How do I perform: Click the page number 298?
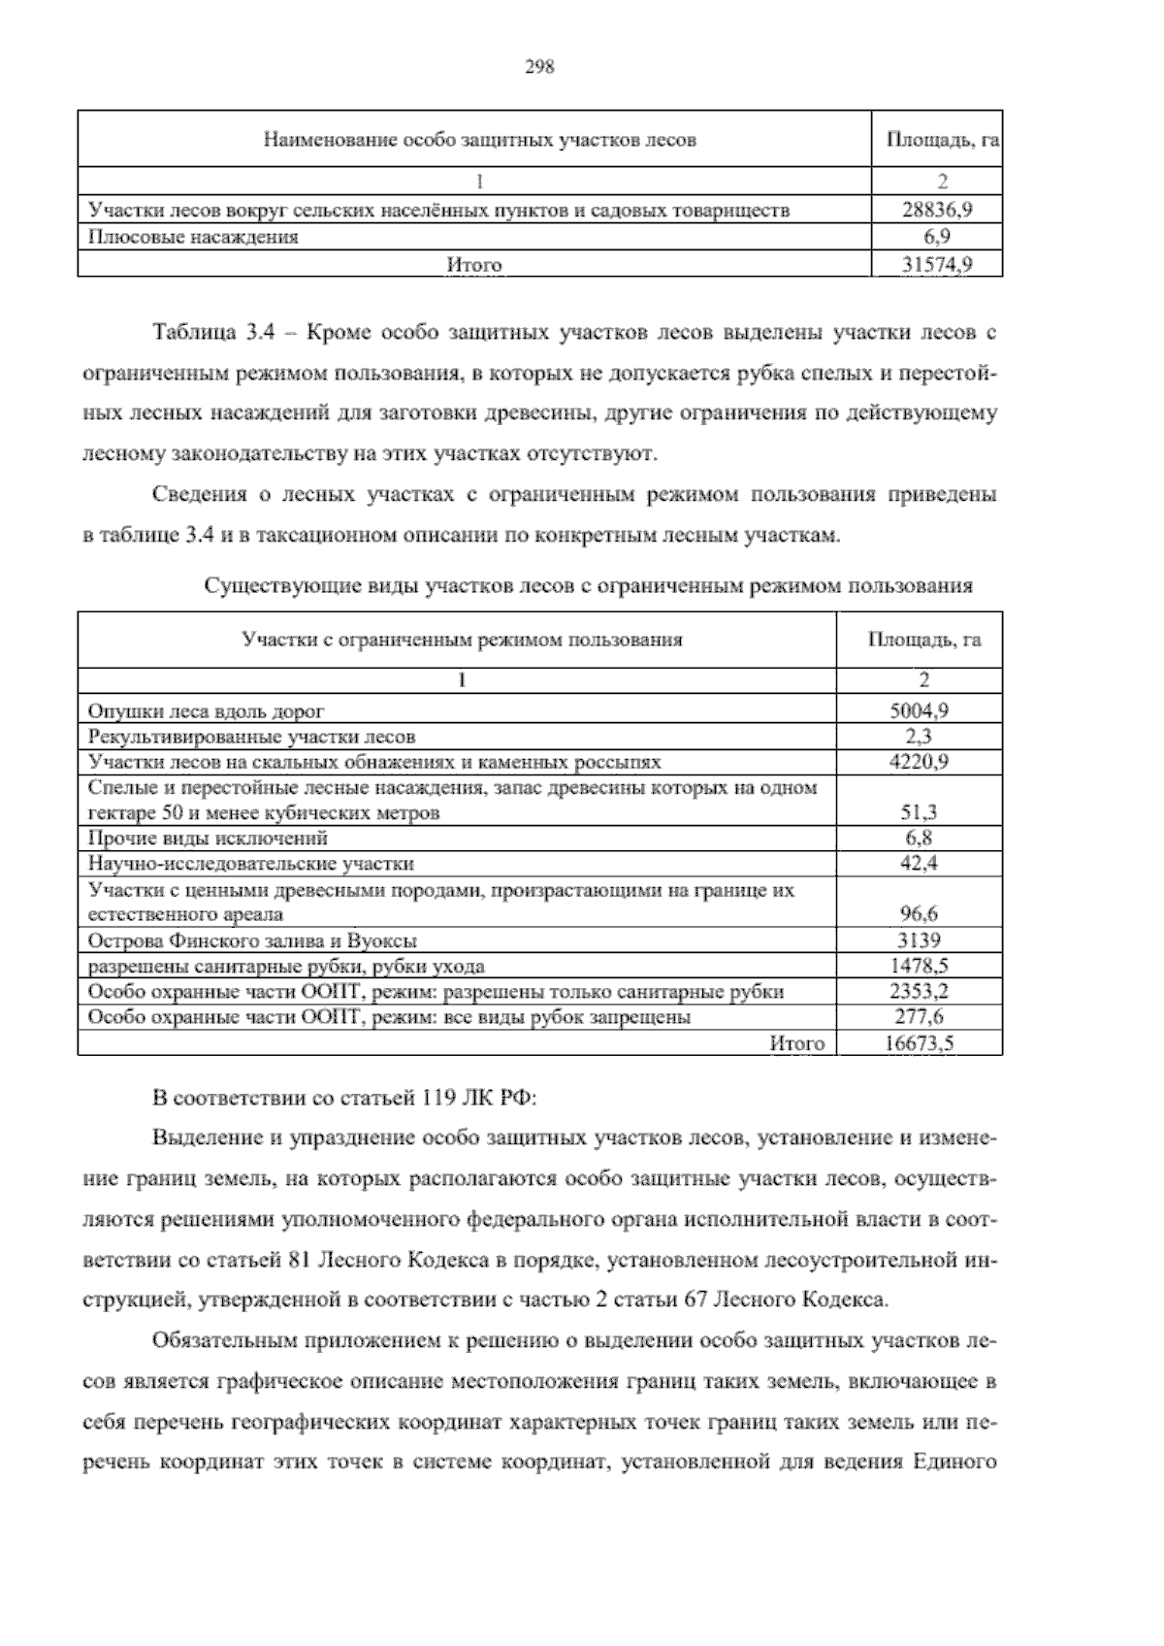point(538,67)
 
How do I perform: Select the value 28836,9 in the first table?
point(937,209)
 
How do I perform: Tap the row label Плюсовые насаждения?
point(193,236)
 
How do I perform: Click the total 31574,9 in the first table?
point(937,264)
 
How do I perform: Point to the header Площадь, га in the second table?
point(923,640)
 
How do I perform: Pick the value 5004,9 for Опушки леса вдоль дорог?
point(919,710)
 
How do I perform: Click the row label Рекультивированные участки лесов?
point(251,737)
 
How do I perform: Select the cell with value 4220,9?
point(919,762)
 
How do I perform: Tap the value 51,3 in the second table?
point(919,813)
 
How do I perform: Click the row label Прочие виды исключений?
point(208,839)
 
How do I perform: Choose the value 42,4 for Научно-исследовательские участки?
point(919,864)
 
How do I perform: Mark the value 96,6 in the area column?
point(919,914)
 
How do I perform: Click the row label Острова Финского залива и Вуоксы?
point(252,940)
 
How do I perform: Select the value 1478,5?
point(919,966)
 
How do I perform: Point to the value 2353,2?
point(919,992)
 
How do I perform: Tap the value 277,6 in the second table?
point(919,1017)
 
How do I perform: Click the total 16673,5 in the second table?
point(919,1043)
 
